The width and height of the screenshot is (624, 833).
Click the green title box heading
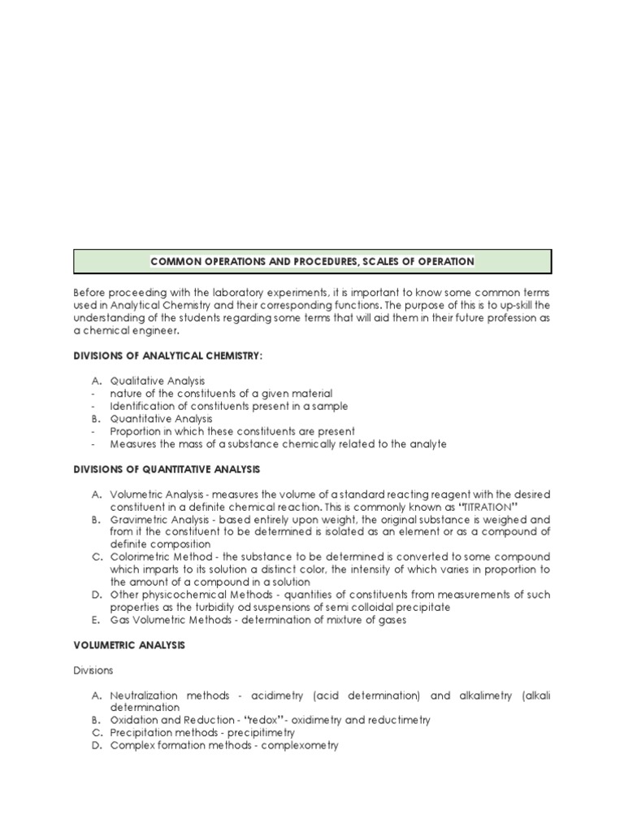pos(312,262)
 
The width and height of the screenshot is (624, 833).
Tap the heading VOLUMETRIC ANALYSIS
pos(129,645)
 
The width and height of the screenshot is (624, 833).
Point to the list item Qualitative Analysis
pos(158,381)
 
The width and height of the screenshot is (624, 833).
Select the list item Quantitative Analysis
pos(161,418)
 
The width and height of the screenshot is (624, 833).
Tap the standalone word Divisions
pos(93,670)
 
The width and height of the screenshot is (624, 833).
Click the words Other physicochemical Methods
pos(179,595)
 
